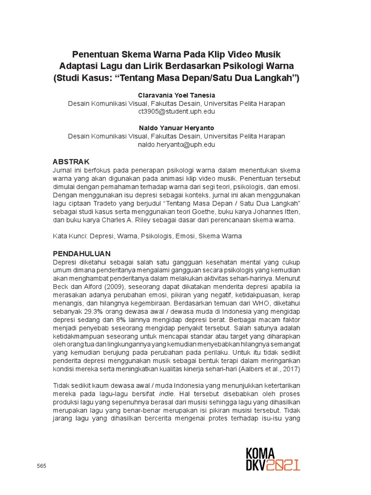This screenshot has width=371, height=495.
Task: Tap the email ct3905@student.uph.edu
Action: click(x=176, y=112)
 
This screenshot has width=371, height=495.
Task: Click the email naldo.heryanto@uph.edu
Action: click(x=176, y=145)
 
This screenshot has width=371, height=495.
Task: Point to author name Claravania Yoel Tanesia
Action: click(x=176, y=95)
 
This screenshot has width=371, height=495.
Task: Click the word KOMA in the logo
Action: click(x=260, y=453)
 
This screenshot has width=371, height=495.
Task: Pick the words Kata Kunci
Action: click(x=69, y=236)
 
